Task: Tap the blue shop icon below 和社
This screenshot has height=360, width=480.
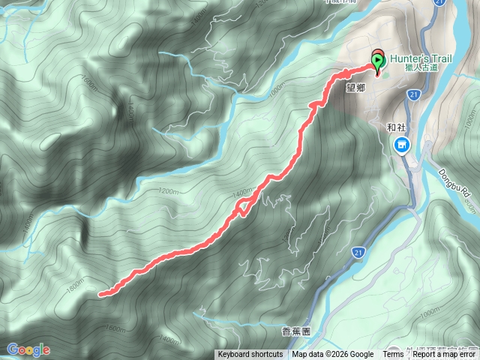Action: tap(402, 143)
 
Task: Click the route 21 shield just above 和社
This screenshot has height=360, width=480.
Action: tap(414, 94)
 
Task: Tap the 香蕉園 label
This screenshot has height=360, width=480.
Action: tap(296, 331)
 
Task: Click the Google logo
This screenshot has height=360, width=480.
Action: tap(28, 349)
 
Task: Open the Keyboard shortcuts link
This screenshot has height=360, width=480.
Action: tap(250, 355)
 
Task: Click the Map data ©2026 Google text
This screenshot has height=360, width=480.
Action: tap(333, 355)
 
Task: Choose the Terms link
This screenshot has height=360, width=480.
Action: tap(392, 355)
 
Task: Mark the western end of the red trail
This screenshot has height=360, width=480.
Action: tap(101, 294)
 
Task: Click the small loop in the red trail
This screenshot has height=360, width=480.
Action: tap(242, 208)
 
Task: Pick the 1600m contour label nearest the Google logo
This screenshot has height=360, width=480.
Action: tap(115, 328)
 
